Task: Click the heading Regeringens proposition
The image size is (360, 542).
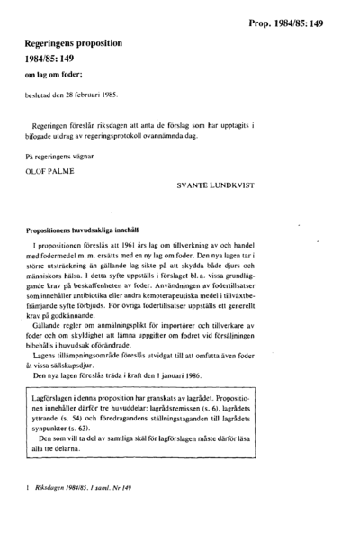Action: click(75, 41)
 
